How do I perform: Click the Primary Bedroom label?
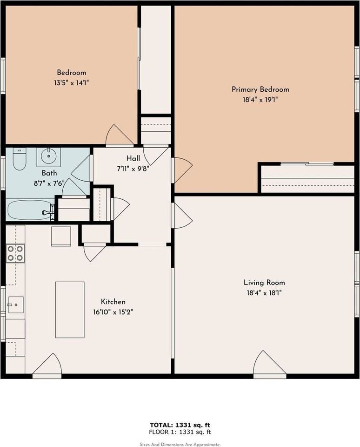[260, 89]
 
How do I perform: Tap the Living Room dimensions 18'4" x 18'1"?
[264, 293]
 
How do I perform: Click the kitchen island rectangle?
[70, 310]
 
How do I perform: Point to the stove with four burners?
[15, 253]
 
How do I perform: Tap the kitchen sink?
[15, 305]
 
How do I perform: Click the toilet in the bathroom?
[19, 159]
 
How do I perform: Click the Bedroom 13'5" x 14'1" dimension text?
[71, 83]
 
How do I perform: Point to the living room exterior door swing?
[269, 365]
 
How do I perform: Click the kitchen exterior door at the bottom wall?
[47, 366]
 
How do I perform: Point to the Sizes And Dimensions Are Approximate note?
[180, 444]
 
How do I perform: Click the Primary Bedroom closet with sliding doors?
[307, 178]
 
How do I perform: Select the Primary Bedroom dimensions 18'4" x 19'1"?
[260, 99]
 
